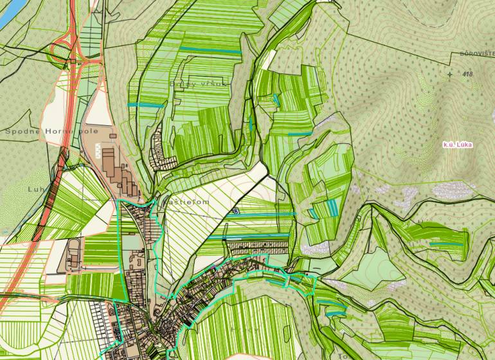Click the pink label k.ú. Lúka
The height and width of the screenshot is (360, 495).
[x=458, y=145]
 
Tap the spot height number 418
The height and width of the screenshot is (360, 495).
[x=467, y=75]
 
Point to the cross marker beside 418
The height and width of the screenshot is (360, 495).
[x=449, y=75]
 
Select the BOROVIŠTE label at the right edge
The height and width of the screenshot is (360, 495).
[x=477, y=54]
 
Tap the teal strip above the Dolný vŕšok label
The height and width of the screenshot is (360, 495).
[x=210, y=50]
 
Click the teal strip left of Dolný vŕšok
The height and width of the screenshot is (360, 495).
[x=142, y=105]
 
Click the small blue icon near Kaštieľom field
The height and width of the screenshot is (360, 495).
[x=235, y=211]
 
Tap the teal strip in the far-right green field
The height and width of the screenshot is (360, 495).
[x=448, y=244]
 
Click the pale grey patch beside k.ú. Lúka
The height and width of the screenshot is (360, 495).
[x=450, y=190]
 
